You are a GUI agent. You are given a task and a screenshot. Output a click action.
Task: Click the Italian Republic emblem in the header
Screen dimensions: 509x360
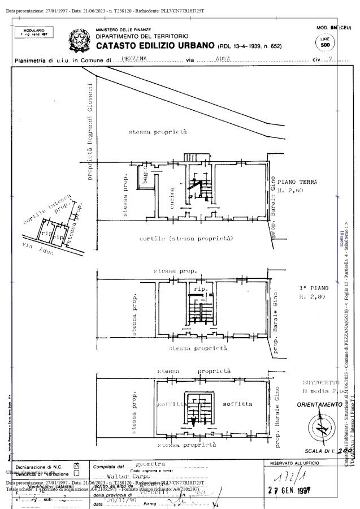point(79,40)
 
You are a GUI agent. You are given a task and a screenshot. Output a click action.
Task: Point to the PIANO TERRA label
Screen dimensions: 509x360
point(297,182)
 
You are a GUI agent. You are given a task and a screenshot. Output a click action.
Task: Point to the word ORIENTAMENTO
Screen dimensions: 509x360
point(319,405)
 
